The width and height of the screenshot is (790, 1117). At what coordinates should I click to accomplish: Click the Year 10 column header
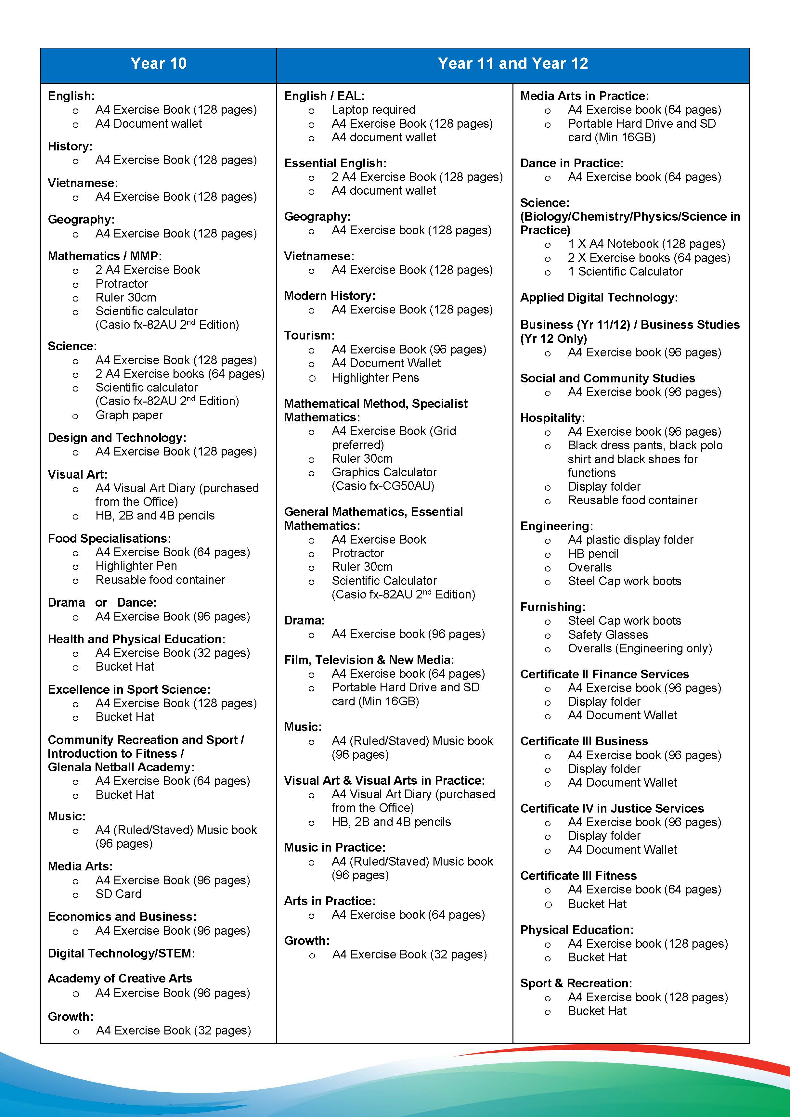[x=158, y=64]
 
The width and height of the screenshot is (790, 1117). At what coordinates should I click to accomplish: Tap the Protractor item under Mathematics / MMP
[x=121, y=284]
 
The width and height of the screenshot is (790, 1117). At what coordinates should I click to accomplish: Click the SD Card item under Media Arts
[x=118, y=894]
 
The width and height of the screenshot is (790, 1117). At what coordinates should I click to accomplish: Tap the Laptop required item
[x=373, y=109]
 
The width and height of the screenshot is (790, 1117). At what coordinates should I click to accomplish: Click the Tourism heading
[x=309, y=335]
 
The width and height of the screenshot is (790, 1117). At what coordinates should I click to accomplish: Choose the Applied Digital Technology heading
[x=599, y=297]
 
